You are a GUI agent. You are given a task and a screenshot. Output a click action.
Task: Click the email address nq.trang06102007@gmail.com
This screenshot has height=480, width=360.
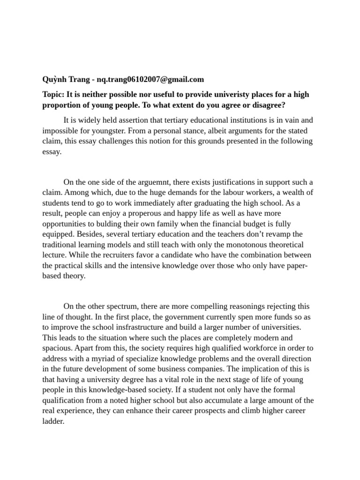click(x=150, y=79)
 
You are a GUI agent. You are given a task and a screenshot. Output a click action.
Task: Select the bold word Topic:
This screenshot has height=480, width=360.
click(x=53, y=94)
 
